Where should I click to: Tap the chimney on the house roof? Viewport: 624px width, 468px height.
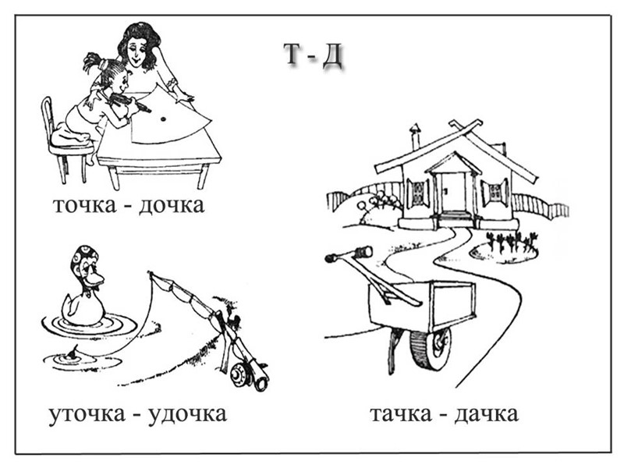pyautogui.click(x=415, y=133)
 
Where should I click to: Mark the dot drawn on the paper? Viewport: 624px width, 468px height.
pyautogui.click(x=162, y=119)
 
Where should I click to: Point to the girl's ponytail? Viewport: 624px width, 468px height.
pyautogui.click(x=93, y=62)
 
